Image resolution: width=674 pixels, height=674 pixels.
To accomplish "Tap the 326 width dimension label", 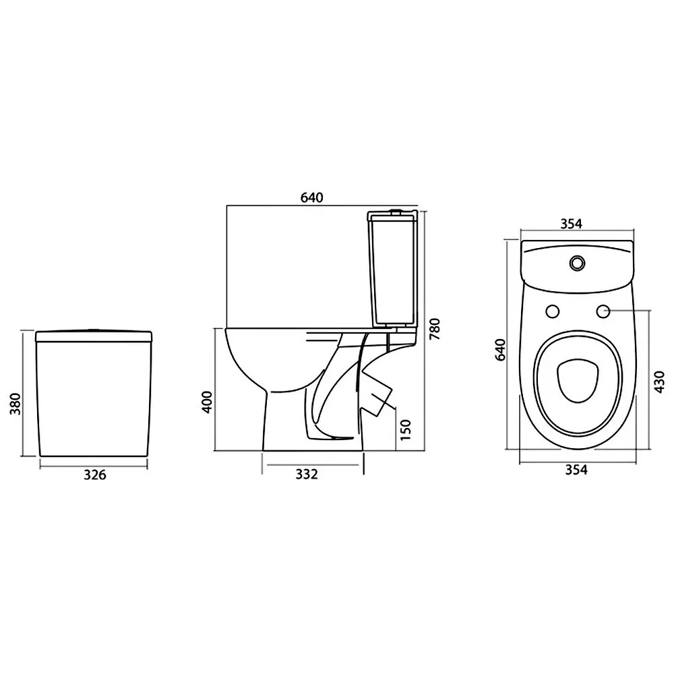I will (x=94, y=474).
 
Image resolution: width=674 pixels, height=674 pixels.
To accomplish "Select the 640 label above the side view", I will (x=312, y=197).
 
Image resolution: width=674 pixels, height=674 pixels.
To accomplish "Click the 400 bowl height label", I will (x=208, y=401).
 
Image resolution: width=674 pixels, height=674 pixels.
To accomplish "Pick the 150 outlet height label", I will (x=404, y=429).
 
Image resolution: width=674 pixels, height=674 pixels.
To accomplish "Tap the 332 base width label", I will (x=306, y=474).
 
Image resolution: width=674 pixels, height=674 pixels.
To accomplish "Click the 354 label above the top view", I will (x=571, y=224).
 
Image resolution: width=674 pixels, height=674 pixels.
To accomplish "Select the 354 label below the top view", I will (x=576, y=470).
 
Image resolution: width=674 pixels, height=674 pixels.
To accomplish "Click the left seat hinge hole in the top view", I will (x=552, y=311).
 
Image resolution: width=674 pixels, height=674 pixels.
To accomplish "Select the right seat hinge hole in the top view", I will (x=603, y=311).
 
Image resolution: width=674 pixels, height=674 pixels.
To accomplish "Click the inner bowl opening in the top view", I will (x=577, y=381).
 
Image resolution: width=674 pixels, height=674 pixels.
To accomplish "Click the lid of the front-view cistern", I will (x=94, y=335).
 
